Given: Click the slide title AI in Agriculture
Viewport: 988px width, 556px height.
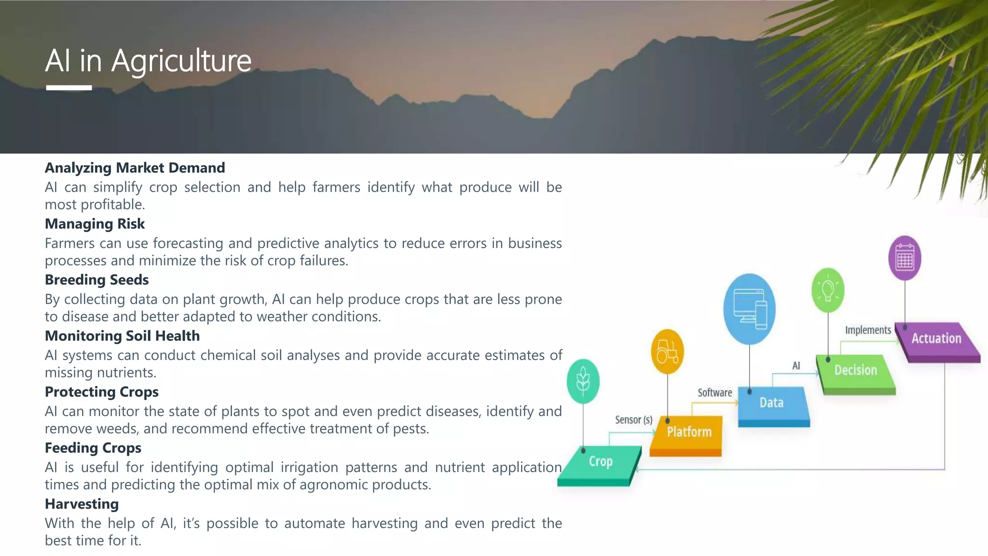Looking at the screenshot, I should (148, 61).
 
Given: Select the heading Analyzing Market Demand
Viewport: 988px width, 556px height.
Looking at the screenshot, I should (135, 168).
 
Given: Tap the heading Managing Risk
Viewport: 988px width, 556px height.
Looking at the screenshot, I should (95, 224).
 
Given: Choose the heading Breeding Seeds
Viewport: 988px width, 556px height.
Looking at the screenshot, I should (96, 280).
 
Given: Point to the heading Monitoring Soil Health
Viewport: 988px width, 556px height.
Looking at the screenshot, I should (122, 336).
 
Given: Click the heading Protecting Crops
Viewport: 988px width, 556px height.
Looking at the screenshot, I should (101, 392).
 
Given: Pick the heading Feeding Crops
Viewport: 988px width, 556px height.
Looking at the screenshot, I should (93, 448).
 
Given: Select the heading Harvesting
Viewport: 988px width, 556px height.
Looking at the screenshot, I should (82, 504).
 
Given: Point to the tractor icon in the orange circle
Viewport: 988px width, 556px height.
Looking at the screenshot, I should (667, 351).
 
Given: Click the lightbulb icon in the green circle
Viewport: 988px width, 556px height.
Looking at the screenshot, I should (828, 290).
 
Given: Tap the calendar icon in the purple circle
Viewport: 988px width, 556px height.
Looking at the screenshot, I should (905, 258).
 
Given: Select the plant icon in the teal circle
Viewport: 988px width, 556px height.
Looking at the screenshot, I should (583, 381).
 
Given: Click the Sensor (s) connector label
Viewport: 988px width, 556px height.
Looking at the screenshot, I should (633, 420).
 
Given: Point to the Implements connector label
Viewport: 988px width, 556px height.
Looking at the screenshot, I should (867, 330).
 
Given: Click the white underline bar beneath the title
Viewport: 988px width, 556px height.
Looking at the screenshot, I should (69, 88).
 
